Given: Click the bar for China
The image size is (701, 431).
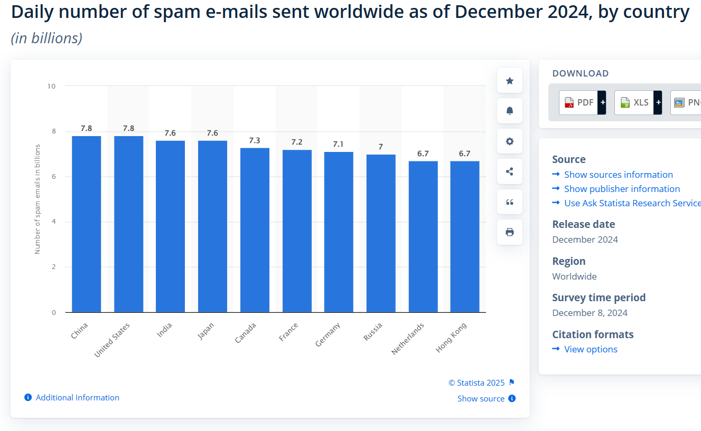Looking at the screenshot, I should point(86,224).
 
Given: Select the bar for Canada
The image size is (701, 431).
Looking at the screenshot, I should point(255,230).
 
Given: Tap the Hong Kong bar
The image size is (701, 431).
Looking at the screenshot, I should point(465,237).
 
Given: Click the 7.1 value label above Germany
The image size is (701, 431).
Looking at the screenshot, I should point(339,144).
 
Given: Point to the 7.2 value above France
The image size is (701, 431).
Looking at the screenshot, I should point(297,142).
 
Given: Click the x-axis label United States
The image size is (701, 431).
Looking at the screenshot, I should point(112,340).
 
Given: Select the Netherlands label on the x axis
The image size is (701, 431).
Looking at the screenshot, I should point(408,339).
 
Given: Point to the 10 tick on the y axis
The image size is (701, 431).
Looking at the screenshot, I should point(52,85).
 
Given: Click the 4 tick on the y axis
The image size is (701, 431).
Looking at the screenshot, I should point(53,222).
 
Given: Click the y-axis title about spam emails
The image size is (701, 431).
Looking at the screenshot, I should point(38,199).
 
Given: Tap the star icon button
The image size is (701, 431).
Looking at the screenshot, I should point(510,81).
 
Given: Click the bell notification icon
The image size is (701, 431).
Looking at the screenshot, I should point(510,111).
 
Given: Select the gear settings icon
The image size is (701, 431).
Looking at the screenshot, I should point(510,141).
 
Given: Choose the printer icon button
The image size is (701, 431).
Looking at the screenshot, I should point(510,232).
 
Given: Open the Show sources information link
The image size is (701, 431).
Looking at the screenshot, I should point(618,175).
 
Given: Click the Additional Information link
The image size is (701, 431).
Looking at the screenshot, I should point(77,398).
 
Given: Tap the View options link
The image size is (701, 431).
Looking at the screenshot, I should point(591,349).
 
